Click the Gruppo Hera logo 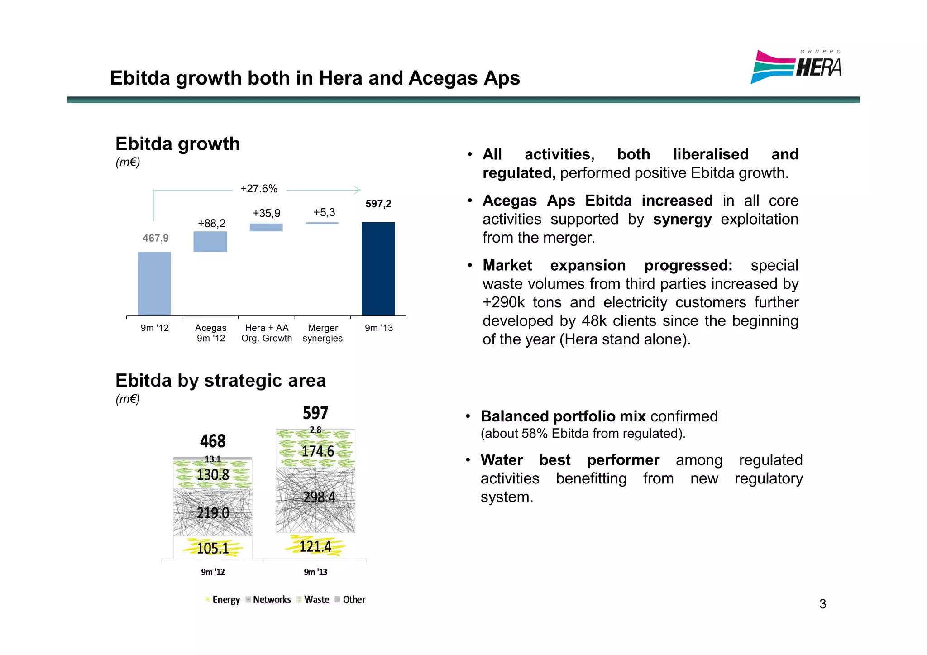coord(796,67)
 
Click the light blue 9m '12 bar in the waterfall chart coord(154,283)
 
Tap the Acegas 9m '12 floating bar coord(210,242)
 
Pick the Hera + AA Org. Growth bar coord(266,227)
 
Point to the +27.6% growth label coord(259,189)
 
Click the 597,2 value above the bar coord(378,204)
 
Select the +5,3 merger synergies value coord(324,212)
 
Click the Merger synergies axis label coord(322,333)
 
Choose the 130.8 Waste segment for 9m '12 coord(213,474)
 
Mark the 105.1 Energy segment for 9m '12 coord(213,548)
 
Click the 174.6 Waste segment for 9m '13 coord(316,451)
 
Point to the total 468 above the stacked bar coord(213,441)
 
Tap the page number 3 coord(822,604)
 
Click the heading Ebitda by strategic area coord(220,381)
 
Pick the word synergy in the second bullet coord(682,219)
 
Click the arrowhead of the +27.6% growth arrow coord(358,190)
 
